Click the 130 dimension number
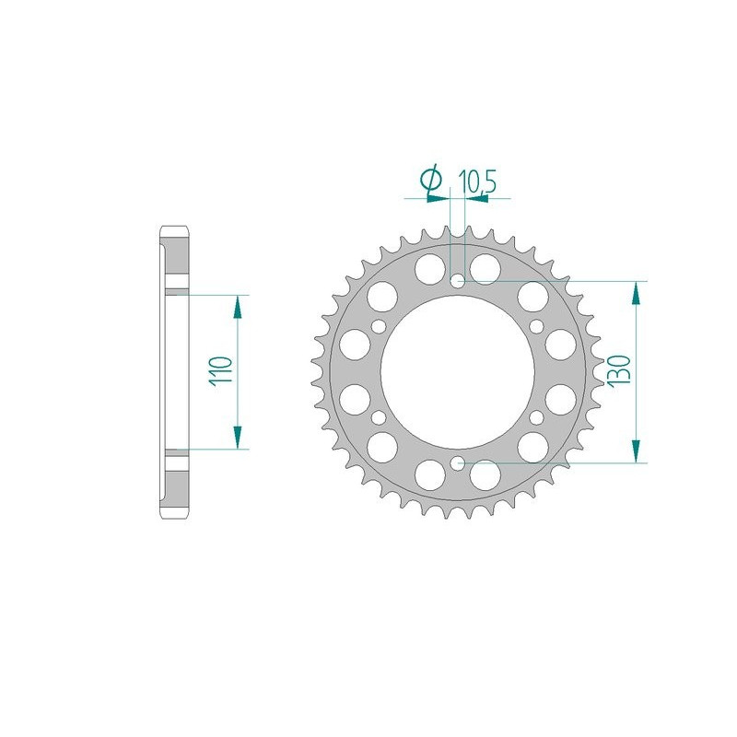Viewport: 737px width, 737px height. tap(616, 371)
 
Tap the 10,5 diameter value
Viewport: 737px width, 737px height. tap(477, 181)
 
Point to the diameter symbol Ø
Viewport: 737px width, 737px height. tap(431, 180)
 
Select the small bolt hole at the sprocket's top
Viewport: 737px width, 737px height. tap(458, 280)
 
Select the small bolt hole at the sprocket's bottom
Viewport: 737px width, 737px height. tap(458, 462)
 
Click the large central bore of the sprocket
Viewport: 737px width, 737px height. tap(458, 371)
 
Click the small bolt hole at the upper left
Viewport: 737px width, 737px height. tap(379, 326)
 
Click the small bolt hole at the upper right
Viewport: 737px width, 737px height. tap(537, 326)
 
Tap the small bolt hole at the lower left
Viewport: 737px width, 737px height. tap(379, 417)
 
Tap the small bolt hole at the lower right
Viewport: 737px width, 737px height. tap(537, 417)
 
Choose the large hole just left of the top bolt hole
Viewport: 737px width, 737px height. tap(427, 269)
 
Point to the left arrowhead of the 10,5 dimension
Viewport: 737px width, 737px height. tap(440, 196)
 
